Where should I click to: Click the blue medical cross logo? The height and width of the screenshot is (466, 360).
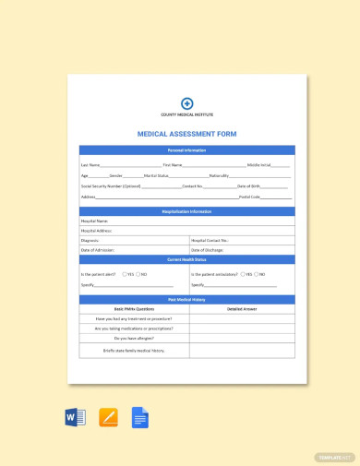click(x=186, y=103)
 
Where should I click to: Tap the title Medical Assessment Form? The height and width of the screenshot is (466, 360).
click(x=186, y=134)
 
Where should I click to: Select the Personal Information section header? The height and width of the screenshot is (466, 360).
click(x=186, y=149)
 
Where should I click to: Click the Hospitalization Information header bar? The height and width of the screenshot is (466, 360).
click(x=186, y=211)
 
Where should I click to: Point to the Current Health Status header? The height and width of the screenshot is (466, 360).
click(x=186, y=260)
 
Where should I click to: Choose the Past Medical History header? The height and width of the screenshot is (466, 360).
click(x=186, y=299)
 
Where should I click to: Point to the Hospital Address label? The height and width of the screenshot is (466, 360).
click(x=98, y=231)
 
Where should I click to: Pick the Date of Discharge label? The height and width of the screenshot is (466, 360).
click(x=209, y=250)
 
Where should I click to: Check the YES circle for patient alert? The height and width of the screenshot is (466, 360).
click(x=125, y=274)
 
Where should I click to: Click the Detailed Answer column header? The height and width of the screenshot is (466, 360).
click(x=241, y=309)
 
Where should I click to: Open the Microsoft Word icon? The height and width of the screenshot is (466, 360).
click(x=76, y=417)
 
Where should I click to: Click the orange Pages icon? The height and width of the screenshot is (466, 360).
click(x=108, y=417)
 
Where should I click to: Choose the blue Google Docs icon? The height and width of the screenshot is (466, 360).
click(x=139, y=417)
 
